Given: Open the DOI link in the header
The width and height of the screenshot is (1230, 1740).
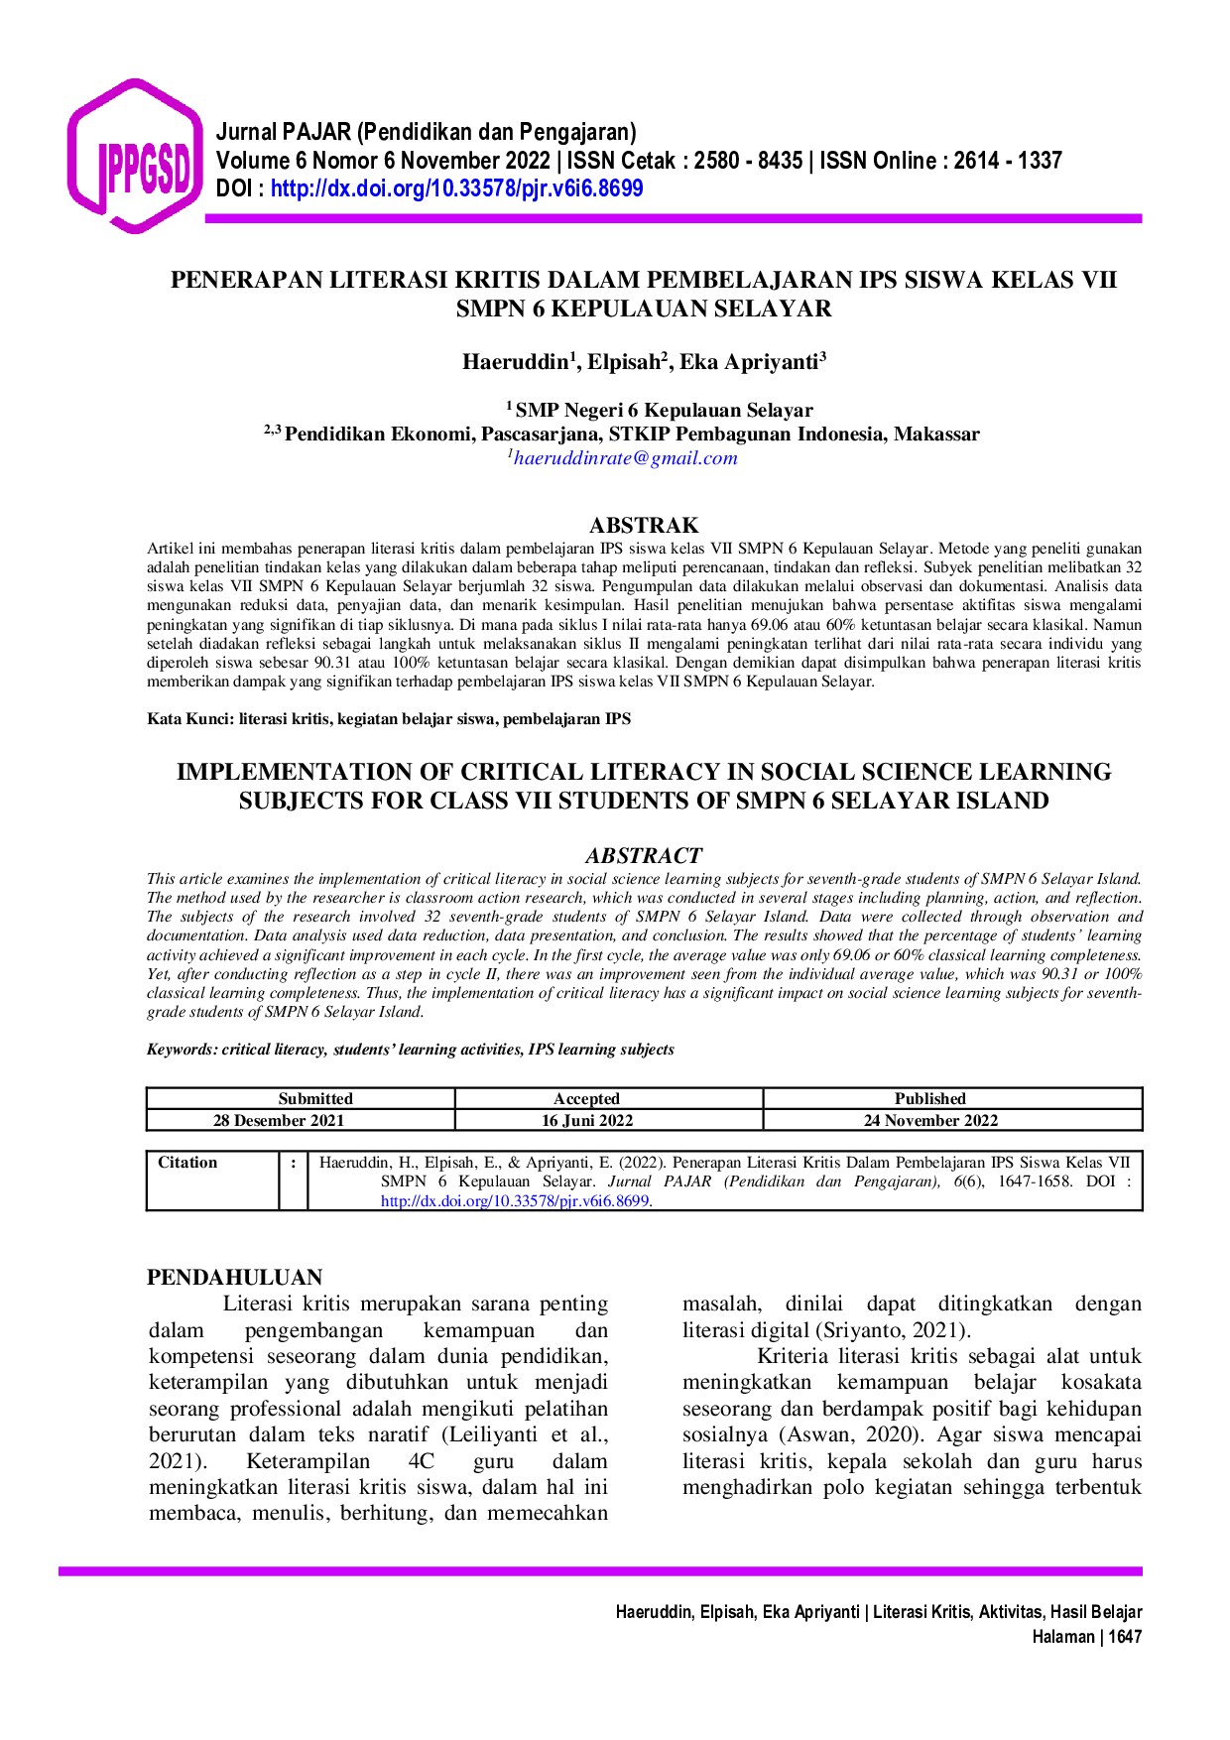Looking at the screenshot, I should pos(456,188).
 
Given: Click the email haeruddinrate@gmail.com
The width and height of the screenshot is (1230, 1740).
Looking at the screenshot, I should pos(625,458).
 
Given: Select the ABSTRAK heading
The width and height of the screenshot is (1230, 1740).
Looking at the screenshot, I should pos(644,525).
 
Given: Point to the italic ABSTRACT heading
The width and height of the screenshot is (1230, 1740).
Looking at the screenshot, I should pos(643,855).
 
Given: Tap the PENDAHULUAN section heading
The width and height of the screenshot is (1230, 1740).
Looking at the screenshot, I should pos(235,1277).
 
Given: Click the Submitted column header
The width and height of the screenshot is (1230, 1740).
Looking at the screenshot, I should pos(315,1098).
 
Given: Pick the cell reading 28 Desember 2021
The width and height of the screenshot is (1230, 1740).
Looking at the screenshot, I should pos(279,1120).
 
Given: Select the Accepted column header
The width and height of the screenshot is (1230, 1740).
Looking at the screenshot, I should pos(586,1098).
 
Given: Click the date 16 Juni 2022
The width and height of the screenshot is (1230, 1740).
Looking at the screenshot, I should pos(586,1120).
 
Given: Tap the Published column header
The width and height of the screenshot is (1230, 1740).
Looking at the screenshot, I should pos(929,1098).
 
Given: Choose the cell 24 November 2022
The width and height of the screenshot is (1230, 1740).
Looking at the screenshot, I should pos(929,1120).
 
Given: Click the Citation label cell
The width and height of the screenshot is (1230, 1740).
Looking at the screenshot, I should pos(187,1163).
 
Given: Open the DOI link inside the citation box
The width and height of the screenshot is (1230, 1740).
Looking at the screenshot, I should pos(517,1200).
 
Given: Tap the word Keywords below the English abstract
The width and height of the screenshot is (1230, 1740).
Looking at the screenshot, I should pos(180,1050).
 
